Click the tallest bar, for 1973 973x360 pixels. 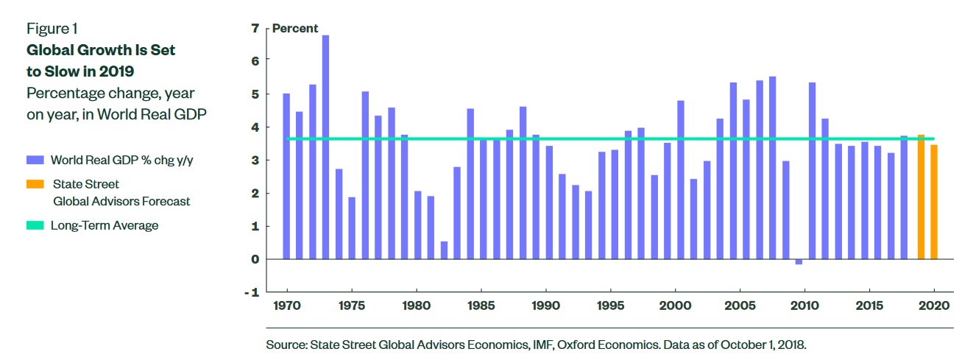click(x=325, y=147)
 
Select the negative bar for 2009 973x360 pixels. click(x=799, y=261)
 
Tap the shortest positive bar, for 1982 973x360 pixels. click(x=444, y=250)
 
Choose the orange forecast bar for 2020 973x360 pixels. click(x=934, y=202)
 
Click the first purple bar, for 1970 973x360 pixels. click(x=286, y=176)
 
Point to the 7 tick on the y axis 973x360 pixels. click(x=255, y=29)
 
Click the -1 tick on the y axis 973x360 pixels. click(x=252, y=292)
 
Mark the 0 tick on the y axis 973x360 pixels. click(x=255, y=259)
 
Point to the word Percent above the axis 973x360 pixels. click(x=295, y=29)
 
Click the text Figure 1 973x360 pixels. click(x=52, y=29)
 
